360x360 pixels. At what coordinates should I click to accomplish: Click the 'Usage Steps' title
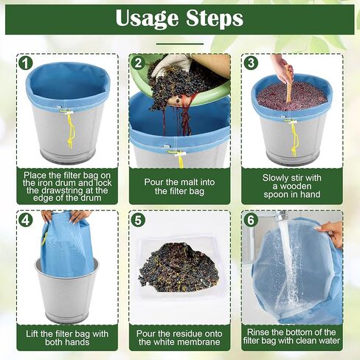179,18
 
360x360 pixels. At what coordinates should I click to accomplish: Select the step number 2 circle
136,62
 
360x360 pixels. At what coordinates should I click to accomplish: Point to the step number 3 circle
250,62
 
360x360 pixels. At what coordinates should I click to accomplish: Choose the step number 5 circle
136,219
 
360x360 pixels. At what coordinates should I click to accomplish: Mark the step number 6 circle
250,219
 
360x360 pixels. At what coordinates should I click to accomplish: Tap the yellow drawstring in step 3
294,136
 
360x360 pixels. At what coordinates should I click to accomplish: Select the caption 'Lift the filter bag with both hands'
66,338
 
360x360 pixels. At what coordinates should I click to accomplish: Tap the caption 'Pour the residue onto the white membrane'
179,338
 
